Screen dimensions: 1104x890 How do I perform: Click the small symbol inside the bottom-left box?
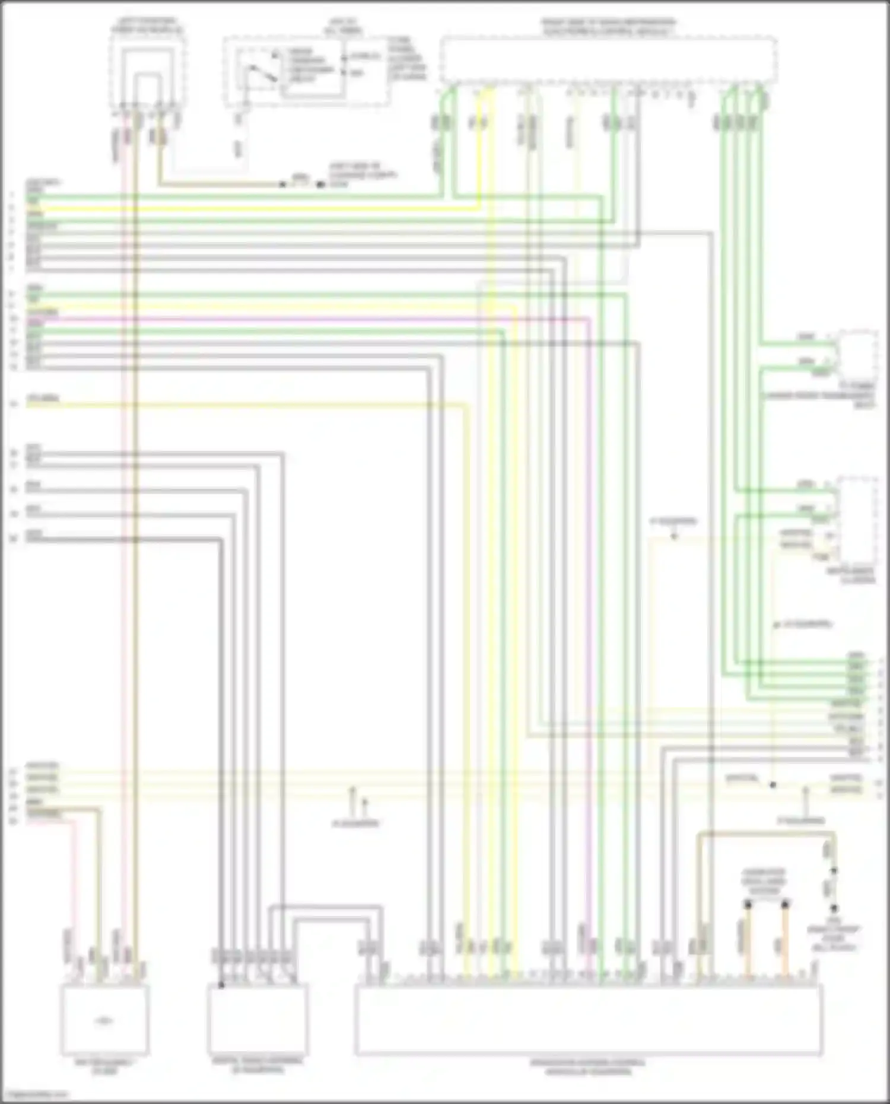[104, 1021]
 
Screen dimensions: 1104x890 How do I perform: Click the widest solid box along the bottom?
[589, 1020]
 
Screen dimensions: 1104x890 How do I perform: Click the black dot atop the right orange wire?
[785, 905]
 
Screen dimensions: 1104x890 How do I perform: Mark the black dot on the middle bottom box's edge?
[221, 985]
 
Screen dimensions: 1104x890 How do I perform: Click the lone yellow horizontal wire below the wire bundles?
[237, 405]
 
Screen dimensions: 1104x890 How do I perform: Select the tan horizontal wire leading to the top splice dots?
[220, 184]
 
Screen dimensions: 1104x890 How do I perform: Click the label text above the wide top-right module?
[608, 27]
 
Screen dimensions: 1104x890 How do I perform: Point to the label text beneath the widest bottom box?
[587, 1067]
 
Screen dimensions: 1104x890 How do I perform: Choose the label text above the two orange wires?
[764, 882]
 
